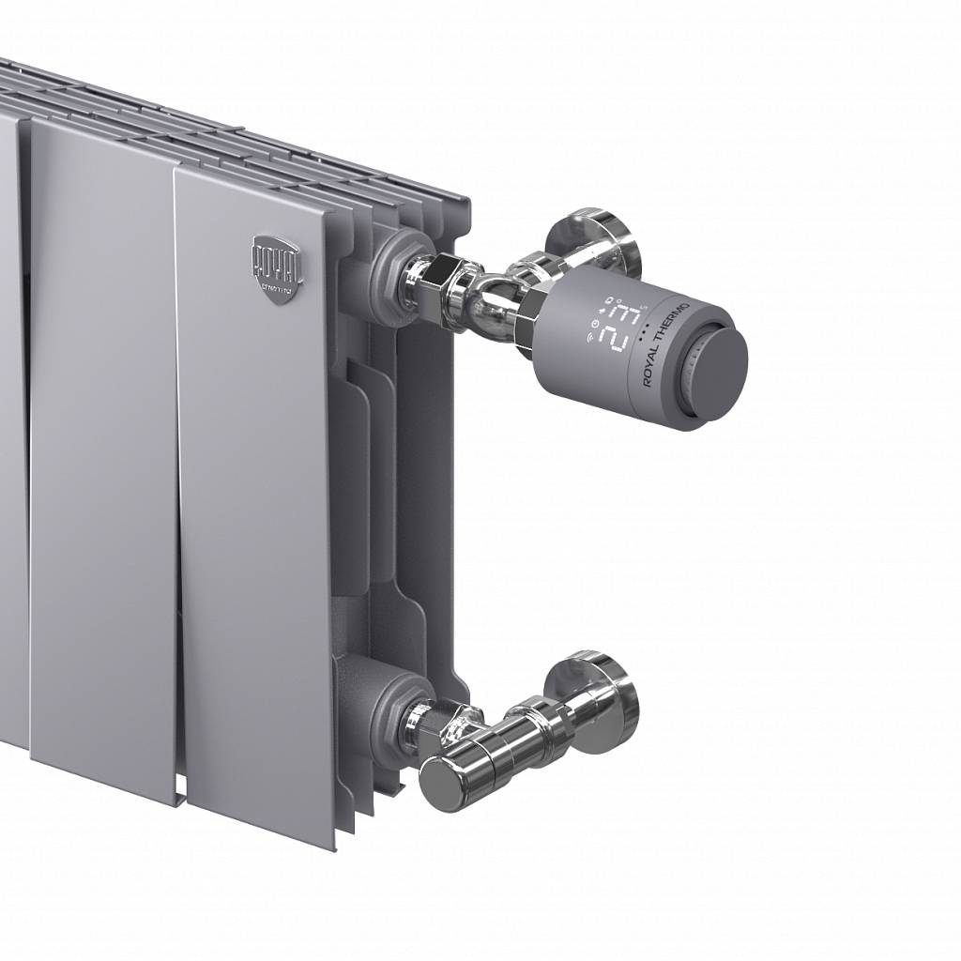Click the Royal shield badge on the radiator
[276, 267]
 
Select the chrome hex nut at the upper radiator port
[440, 281]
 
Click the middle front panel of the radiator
[103, 450]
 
